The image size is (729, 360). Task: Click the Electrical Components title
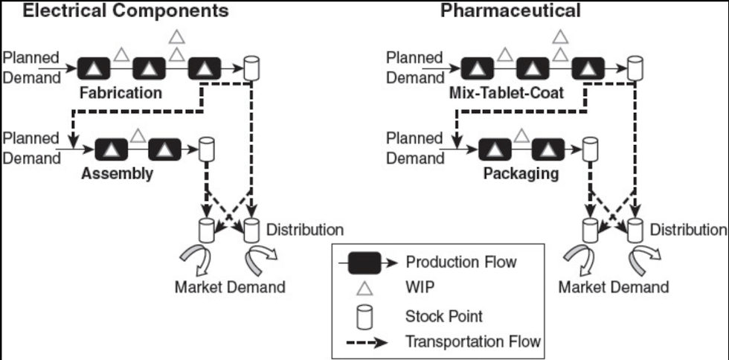click(x=115, y=10)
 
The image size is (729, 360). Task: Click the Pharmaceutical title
click(x=510, y=10)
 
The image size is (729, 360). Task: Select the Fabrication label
click(x=122, y=93)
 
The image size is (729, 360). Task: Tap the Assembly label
click(x=118, y=173)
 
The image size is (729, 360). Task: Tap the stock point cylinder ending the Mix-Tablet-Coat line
click(x=635, y=70)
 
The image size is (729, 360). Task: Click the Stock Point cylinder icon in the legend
click(x=364, y=316)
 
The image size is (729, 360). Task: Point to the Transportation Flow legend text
click(x=473, y=341)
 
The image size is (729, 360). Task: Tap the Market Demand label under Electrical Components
click(x=229, y=287)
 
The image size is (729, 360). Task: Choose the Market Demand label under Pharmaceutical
click(x=614, y=287)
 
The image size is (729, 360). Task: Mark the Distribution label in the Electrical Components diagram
click(x=305, y=229)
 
